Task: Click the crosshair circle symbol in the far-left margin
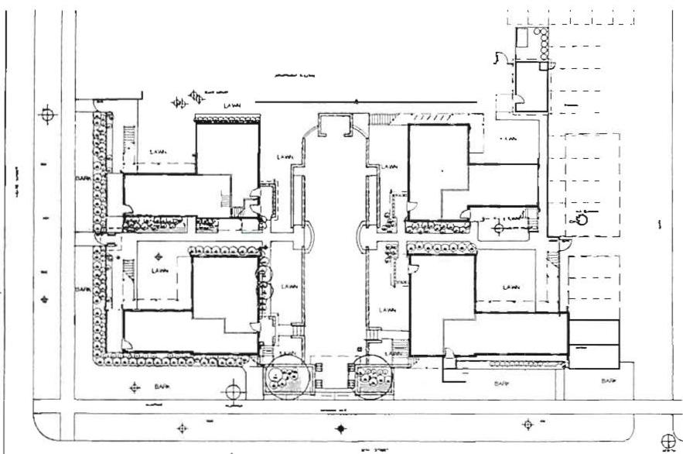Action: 49,114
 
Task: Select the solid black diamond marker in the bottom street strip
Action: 341,428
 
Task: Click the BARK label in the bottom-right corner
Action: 610,381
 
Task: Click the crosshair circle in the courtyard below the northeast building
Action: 499,229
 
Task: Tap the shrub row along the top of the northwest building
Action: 227,119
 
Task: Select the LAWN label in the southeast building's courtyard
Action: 511,287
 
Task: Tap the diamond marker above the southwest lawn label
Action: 160,256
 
